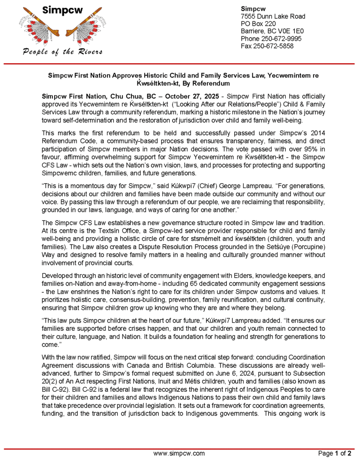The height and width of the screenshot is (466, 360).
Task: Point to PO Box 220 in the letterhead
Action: click(x=258, y=24)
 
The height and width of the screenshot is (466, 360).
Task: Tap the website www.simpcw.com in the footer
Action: click(x=179, y=453)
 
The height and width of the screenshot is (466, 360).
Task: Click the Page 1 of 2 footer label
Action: click(x=335, y=453)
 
